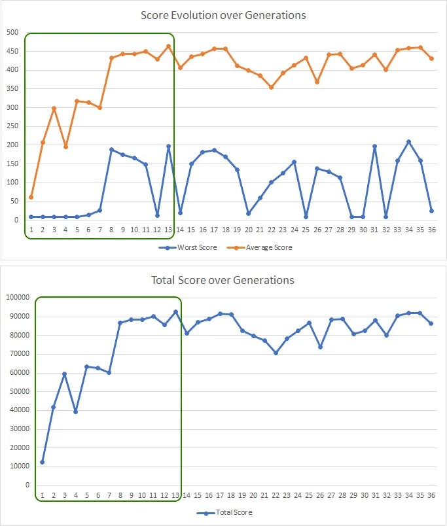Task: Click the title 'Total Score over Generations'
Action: (223, 280)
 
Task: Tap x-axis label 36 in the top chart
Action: (431, 230)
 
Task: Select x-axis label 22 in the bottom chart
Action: (276, 495)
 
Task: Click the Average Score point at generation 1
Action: (31, 197)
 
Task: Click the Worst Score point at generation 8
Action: (111, 149)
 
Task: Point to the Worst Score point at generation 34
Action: (408, 141)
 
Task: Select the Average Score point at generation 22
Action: (271, 87)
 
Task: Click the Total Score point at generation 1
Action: (42, 462)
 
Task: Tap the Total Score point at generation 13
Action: (175, 311)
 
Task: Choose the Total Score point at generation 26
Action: (320, 347)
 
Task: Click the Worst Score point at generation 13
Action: (168, 147)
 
